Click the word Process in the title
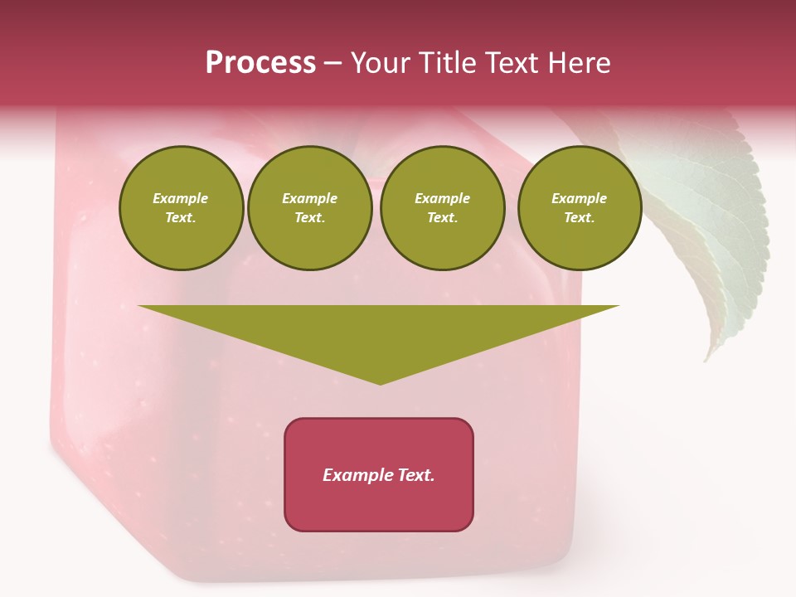[260, 63]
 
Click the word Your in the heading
[380, 63]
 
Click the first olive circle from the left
[181, 208]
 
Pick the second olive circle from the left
[310, 208]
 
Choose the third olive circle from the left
[442, 208]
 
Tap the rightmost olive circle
[580, 208]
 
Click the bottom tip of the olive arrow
[380, 383]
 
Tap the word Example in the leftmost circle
[181, 199]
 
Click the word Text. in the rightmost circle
[580, 218]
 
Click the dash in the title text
[332, 63]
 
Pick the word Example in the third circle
[442, 199]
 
